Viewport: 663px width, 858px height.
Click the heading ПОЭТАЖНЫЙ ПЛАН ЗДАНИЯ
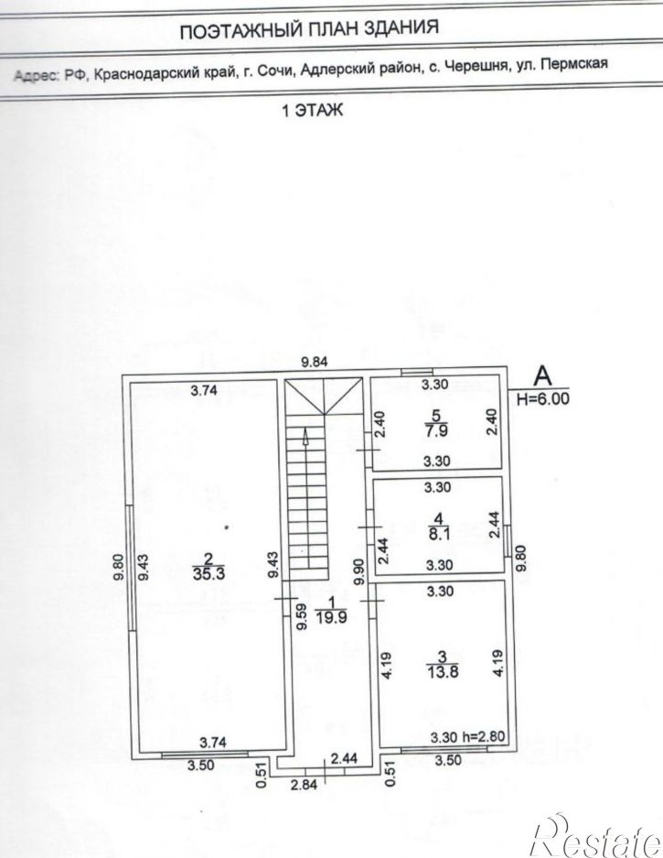pos(309,27)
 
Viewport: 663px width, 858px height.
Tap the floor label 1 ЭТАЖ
pos(312,110)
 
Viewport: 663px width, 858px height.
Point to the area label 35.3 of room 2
pos(209,573)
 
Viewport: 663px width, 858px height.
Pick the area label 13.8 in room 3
pos(443,671)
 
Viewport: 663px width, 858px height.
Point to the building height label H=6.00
pos(543,398)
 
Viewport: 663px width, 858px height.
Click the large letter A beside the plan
pos(543,375)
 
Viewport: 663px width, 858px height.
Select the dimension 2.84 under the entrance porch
pos(304,784)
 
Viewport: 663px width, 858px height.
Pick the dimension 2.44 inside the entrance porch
pos(344,758)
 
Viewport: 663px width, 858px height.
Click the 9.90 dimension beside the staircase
pos(358,571)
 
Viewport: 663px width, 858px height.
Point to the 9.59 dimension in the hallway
pos(302,616)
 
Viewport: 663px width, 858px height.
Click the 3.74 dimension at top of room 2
pos(204,390)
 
